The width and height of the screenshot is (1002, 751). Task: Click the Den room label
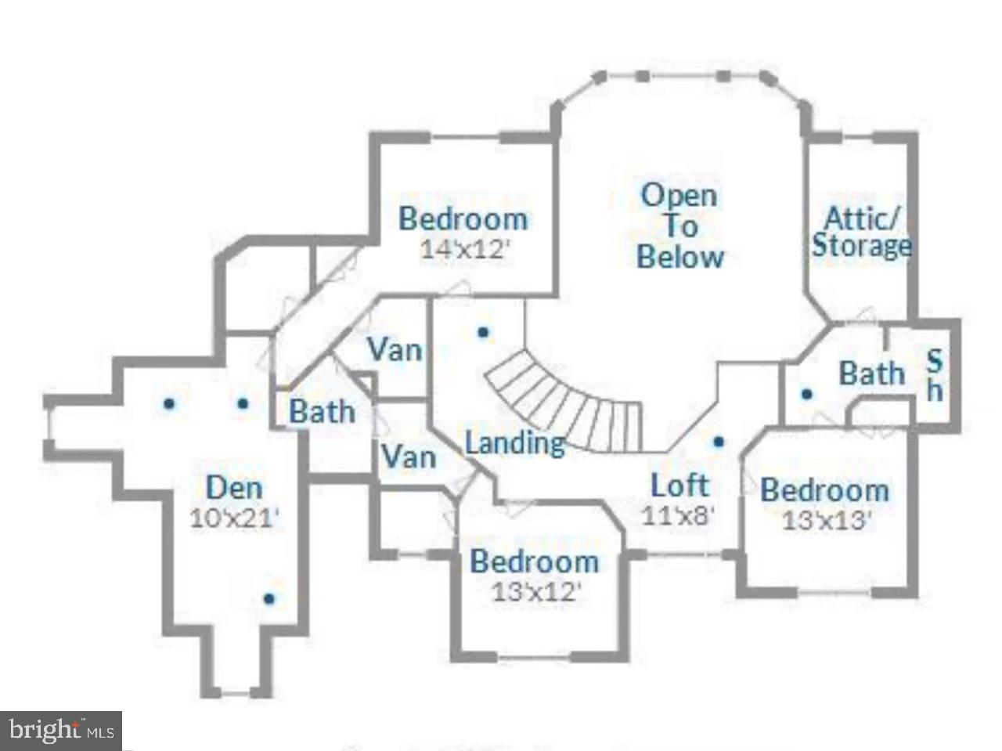234,488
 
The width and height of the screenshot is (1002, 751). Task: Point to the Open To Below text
680,226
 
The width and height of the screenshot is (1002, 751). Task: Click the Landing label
514,443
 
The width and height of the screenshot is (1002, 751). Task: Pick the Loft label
679,486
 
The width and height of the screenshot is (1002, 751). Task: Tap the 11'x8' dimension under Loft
678,515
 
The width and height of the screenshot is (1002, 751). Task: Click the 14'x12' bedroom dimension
465,249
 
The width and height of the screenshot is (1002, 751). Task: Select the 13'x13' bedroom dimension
827,520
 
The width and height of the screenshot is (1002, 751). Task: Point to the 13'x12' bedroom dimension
536,590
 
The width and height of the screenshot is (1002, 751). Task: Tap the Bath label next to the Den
322,411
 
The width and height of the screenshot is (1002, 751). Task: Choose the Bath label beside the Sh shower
871,374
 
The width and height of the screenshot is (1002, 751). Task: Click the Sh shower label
935,375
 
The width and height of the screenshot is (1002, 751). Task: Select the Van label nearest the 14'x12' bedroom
395,349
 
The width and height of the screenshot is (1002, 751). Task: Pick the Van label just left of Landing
408,455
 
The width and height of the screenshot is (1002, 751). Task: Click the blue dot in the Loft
719,442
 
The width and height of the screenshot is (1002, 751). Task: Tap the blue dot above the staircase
483,332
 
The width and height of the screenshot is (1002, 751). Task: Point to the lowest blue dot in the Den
269,599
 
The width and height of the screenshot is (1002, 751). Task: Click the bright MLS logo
61,731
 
